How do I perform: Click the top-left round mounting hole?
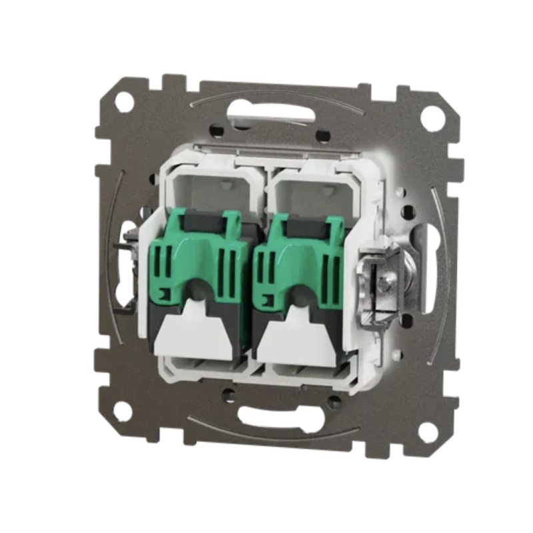[x=124, y=102]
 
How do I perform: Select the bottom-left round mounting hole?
[x=122, y=411]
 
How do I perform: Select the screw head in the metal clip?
[x=385, y=284]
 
